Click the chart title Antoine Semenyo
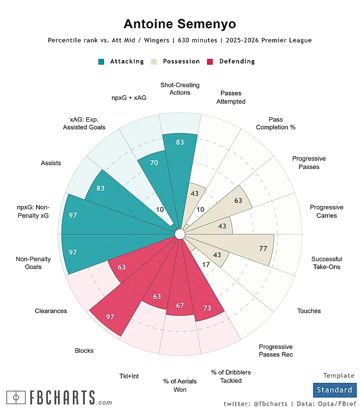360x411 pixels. tap(180, 24)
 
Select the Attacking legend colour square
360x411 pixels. tap(102, 62)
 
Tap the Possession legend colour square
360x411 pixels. tap(154, 62)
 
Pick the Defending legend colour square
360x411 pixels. tap(211, 62)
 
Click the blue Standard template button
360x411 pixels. tap(334, 390)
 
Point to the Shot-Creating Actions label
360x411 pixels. tap(180, 89)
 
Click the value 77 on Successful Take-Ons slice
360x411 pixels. tap(263, 249)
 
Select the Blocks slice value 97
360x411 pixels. tap(110, 317)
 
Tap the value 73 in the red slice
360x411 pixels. tap(207, 308)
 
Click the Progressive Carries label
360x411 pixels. tap(326, 211)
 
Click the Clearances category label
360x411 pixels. tap(51, 311)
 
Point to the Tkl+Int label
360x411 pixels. tap(129, 376)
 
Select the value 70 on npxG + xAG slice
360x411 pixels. tap(154, 162)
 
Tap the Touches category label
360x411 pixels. tap(309, 311)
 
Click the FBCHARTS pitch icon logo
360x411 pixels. tap(16, 397)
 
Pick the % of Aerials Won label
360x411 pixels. tap(180, 385)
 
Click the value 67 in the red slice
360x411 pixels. tap(180, 306)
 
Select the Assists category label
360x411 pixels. tap(51, 163)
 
